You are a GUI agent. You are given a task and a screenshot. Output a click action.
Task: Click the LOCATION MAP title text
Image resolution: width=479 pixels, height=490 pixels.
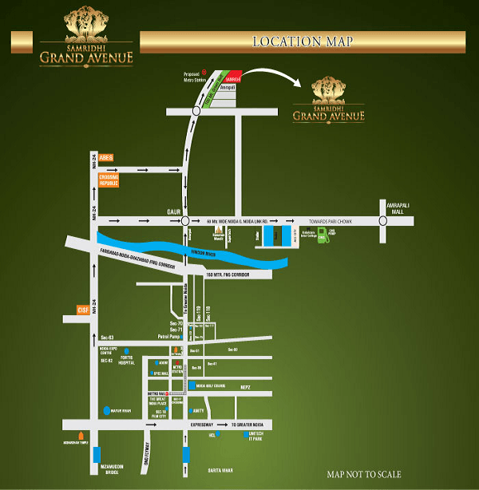pyautogui.click(x=302, y=41)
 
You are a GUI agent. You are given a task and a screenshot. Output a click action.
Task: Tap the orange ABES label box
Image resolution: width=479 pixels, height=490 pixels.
pyautogui.click(x=106, y=158)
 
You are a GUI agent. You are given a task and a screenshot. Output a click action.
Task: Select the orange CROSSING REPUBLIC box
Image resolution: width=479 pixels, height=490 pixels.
pyautogui.click(x=109, y=180)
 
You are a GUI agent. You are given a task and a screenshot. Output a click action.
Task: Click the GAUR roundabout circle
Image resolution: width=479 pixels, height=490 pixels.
pyautogui.click(x=185, y=220)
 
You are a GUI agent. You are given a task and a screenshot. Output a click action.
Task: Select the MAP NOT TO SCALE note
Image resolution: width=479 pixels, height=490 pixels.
pyautogui.click(x=364, y=474)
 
